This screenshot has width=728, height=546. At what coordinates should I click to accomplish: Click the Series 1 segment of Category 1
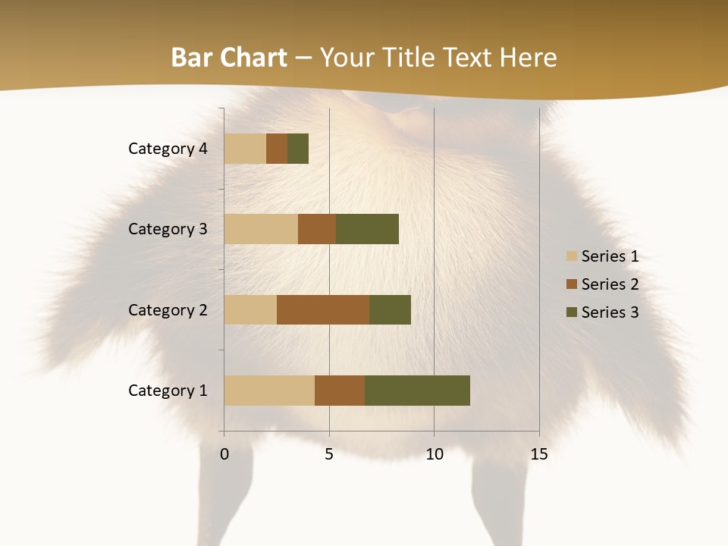(269, 391)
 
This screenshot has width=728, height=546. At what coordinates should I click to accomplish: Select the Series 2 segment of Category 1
(340, 391)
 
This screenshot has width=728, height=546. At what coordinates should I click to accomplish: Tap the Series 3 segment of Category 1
(417, 391)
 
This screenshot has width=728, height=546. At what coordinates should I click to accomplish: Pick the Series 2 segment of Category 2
(323, 309)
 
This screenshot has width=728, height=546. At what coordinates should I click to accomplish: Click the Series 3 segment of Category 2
(390, 309)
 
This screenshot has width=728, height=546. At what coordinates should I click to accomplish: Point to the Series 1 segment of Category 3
(261, 229)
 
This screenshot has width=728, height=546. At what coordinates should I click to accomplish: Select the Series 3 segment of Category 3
(367, 229)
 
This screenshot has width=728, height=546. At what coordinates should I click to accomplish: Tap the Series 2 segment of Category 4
(277, 149)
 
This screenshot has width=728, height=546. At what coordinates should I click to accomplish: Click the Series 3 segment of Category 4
(298, 149)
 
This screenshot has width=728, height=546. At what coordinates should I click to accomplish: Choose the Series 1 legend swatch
(571, 256)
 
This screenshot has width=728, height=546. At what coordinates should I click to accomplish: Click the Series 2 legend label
(610, 284)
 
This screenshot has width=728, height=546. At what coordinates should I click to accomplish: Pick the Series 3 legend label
(610, 312)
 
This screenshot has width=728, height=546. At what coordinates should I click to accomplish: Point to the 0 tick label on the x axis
(224, 454)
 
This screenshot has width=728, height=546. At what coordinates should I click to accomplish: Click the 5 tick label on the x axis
(329, 454)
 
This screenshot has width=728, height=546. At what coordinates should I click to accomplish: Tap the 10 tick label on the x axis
(434, 454)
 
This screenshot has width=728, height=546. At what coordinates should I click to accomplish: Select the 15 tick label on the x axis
(539, 454)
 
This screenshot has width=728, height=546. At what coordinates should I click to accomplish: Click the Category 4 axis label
(168, 149)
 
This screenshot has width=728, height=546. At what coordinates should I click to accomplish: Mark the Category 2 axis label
(168, 310)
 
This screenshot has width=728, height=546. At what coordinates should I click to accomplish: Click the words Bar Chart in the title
(229, 58)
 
